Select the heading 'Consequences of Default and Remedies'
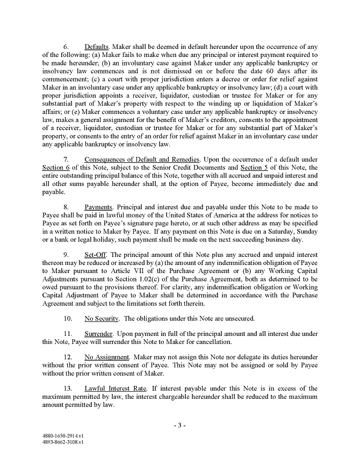tap(142, 160)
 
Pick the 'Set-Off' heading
tap(95, 254)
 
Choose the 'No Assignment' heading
tap(106, 357)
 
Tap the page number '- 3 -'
tap(179, 425)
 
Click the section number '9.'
tap(67, 254)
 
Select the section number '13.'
tap(68, 388)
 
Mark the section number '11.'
tap(68, 333)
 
